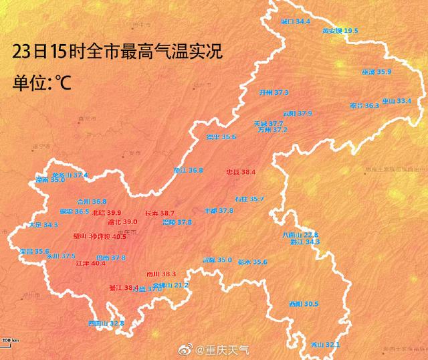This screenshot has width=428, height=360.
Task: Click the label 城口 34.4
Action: pyautogui.click(x=296, y=22)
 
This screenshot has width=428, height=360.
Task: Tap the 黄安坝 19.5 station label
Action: pyautogui.click(x=340, y=31)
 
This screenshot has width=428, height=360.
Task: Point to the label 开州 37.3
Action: pyautogui.click(x=274, y=92)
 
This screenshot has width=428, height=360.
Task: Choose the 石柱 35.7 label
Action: pyautogui.click(x=249, y=199)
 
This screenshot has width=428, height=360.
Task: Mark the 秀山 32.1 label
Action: pyautogui.click(x=326, y=345)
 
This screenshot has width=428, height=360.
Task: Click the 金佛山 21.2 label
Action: pyautogui.click(x=171, y=285)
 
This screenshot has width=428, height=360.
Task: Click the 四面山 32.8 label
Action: pyautogui.click(x=106, y=324)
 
